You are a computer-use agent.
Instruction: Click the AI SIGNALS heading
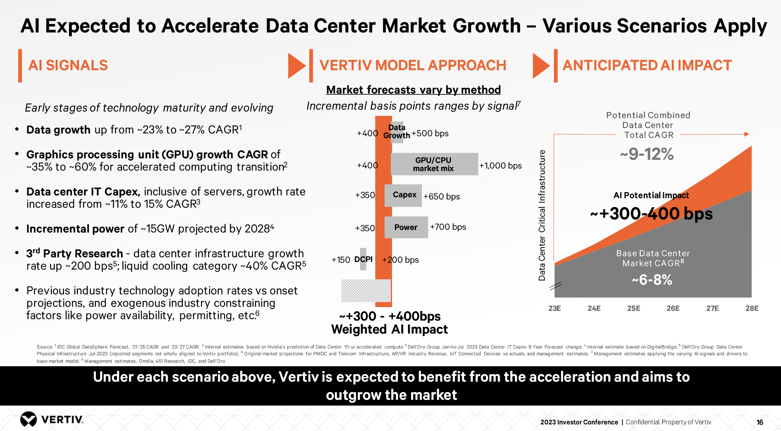pyautogui.click(x=68, y=65)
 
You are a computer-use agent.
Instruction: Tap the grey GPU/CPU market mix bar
pyautogui.click(x=434, y=164)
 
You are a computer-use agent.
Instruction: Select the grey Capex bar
pyautogui.click(x=403, y=195)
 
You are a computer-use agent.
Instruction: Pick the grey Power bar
pyautogui.click(x=406, y=227)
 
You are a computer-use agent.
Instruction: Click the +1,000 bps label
pyautogui.click(x=500, y=166)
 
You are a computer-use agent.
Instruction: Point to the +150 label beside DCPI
pyautogui.click(x=341, y=260)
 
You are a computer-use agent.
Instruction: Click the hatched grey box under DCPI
pyautogui.click(x=366, y=291)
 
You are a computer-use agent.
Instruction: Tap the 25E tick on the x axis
pyautogui.click(x=634, y=308)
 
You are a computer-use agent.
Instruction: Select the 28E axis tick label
pyautogui.click(x=752, y=308)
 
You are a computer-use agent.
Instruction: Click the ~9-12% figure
pyautogui.click(x=647, y=154)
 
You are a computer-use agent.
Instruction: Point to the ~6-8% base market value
pyautogui.click(x=652, y=280)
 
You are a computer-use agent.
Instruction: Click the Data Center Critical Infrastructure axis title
pyautogui.click(x=542, y=215)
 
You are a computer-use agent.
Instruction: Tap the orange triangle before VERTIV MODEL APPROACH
pyautogui.click(x=296, y=66)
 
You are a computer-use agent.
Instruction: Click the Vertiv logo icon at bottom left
pyautogui.click(x=28, y=419)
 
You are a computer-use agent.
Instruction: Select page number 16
pyautogui.click(x=760, y=422)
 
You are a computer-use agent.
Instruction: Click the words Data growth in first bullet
pyautogui.click(x=58, y=130)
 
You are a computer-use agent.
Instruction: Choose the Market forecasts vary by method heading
pyautogui.click(x=413, y=90)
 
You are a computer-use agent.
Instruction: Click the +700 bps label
pyautogui.click(x=448, y=227)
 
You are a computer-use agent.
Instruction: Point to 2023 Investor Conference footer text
pyautogui.click(x=579, y=422)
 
